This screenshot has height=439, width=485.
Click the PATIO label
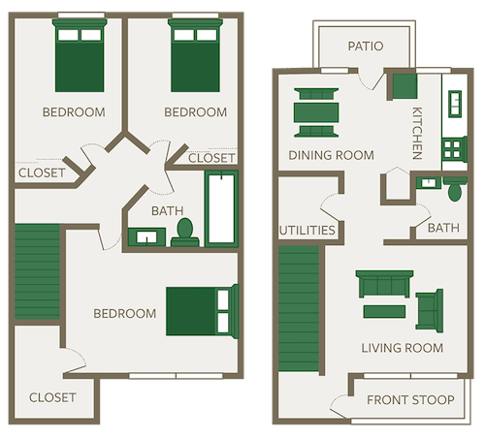[x=364, y=46]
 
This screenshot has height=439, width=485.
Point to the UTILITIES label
[x=307, y=231]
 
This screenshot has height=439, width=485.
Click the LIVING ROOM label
[x=402, y=348]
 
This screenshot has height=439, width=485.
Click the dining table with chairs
[x=317, y=112]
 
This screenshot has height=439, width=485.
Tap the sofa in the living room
[x=385, y=284]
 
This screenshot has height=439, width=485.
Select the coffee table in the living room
[x=386, y=311]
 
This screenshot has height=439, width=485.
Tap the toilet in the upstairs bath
[x=183, y=231]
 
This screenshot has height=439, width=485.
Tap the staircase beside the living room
[x=299, y=310]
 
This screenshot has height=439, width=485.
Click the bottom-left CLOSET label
[x=52, y=397]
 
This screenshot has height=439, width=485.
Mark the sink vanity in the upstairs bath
[x=145, y=235]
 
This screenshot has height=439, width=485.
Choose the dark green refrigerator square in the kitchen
[x=403, y=86]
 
